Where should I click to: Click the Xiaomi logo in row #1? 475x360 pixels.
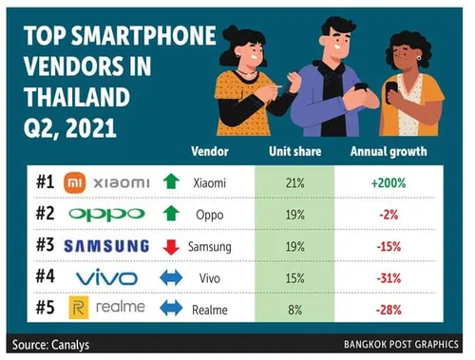click(105, 181)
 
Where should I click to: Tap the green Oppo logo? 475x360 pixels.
click(106, 213)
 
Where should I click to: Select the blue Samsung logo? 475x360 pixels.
click(106, 245)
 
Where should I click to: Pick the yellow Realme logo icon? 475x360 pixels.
click(80, 309)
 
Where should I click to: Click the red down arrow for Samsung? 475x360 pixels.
click(171, 246)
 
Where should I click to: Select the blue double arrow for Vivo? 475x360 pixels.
click(171, 277)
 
